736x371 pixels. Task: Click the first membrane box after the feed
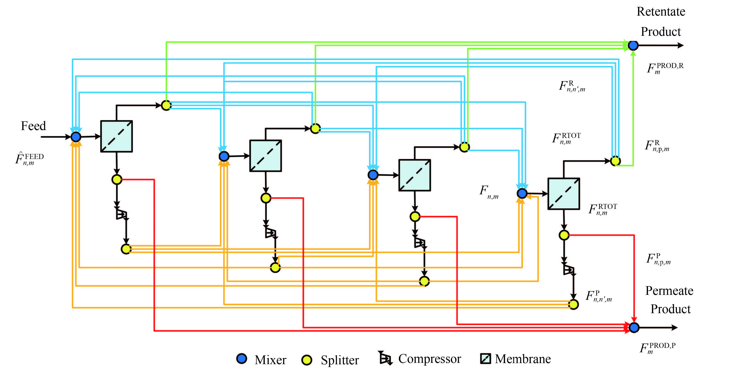(116, 136)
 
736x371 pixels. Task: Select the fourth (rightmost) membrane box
(563, 194)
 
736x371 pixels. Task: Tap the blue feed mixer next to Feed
(76, 137)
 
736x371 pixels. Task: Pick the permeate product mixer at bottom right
(634, 328)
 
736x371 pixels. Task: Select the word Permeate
(669, 291)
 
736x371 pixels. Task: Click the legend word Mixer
(270, 360)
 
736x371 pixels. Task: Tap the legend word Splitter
(340, 360)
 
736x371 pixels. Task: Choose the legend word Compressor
(429, 359)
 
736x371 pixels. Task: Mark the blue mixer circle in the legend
(242, 359)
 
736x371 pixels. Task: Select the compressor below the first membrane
(121, 214)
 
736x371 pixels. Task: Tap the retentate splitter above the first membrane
(166, 105)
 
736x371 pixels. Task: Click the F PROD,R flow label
(665, 68)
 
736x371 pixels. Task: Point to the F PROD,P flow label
(657, 348)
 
